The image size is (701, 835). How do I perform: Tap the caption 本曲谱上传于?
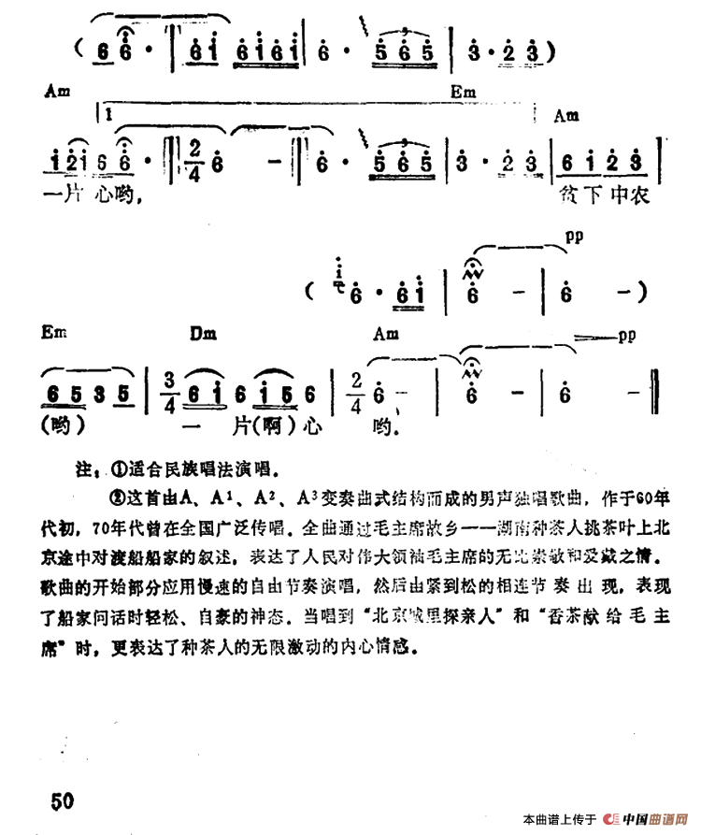[560, 821]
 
